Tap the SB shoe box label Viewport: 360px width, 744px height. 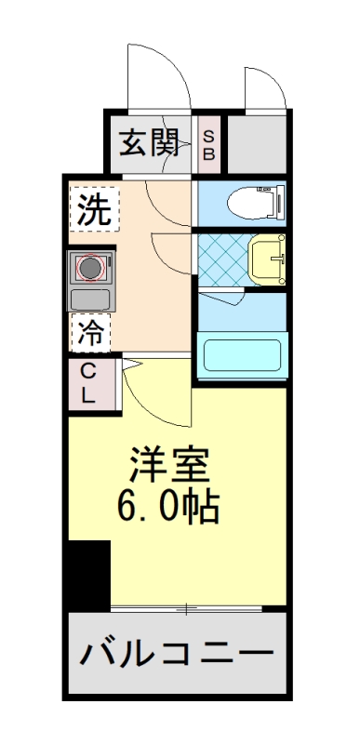[x=209, y=144]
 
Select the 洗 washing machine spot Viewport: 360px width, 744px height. [x=94, y=209]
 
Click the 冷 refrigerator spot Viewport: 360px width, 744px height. [x=91, y=332]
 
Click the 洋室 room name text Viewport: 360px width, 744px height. [x=168, y=463]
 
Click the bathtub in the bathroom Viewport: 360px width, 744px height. [x=241, y=356]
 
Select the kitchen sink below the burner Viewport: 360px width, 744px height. [x=90, y=299]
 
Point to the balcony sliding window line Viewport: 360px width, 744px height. [x=186, y=609]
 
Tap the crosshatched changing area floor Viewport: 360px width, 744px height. [x=223, y=258]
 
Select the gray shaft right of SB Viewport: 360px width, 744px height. [x=256, y=142]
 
